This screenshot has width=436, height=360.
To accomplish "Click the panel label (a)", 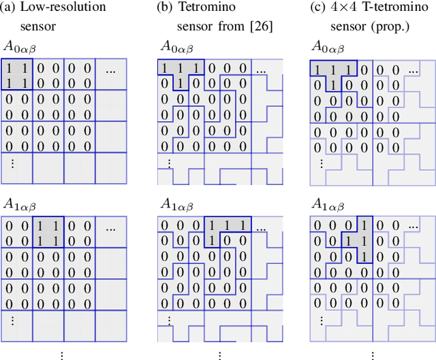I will [12, 7].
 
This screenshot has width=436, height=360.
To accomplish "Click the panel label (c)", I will [317, 7].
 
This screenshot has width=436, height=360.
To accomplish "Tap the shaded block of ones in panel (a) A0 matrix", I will [18, 76].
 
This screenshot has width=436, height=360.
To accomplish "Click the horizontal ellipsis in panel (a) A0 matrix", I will [111, 69].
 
